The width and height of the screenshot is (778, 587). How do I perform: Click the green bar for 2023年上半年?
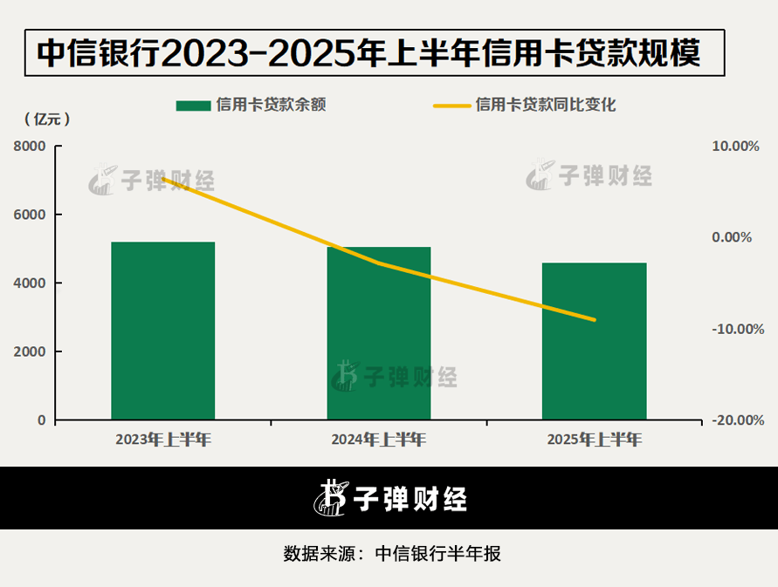point(163,331)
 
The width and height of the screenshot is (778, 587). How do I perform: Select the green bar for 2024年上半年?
point(379,333)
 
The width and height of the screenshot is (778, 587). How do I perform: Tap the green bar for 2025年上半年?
point(595,341)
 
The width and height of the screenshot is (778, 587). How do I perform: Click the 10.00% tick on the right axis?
point(736,147)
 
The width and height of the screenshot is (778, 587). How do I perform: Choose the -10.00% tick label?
point(736,329)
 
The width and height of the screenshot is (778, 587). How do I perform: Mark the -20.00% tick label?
point(736,420)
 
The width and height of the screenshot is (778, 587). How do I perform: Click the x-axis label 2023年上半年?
point(163,440)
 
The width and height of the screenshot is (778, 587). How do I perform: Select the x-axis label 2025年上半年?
point(595,440)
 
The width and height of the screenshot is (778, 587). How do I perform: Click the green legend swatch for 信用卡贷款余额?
point(192,106)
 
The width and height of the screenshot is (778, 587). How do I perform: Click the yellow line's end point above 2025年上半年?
point(595,320)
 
